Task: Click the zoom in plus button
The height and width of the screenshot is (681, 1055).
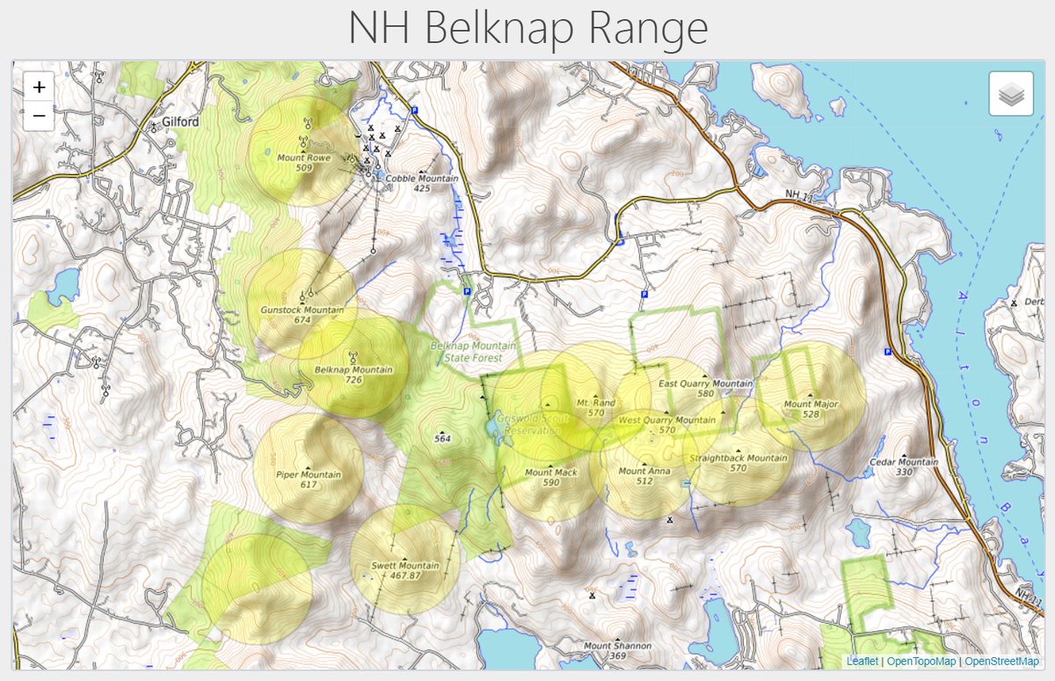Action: tap(39, 87)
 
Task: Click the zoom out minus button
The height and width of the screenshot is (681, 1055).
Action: tap(39, 115)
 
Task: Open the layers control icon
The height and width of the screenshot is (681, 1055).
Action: tap(1010, 93)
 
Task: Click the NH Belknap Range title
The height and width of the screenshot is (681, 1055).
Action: tap(527, 29)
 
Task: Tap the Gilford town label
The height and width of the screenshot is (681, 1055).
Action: tap(180, 122)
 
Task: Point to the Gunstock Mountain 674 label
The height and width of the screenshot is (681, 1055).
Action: tap(302, 315)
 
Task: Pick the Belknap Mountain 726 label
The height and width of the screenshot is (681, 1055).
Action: tap(353, 375)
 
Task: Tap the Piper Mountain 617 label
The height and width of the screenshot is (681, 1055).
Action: tap(308, 480)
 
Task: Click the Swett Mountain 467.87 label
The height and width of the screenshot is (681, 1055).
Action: tap(405, 570)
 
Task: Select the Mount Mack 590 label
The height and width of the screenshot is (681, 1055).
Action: tap(551, 477)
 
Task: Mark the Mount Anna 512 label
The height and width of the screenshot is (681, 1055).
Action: tap(644, 476)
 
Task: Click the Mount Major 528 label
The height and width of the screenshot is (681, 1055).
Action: tap(811, 409)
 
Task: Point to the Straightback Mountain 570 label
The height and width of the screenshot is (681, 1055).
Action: tap(738, 463)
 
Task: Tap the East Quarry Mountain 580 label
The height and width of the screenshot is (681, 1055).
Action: tap(705, 388)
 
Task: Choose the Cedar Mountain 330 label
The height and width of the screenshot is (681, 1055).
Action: tap(903, 466)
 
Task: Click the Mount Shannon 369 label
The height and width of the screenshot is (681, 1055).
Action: tap(617, 650)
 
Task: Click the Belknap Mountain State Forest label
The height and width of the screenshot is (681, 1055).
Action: tap(467, 352)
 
